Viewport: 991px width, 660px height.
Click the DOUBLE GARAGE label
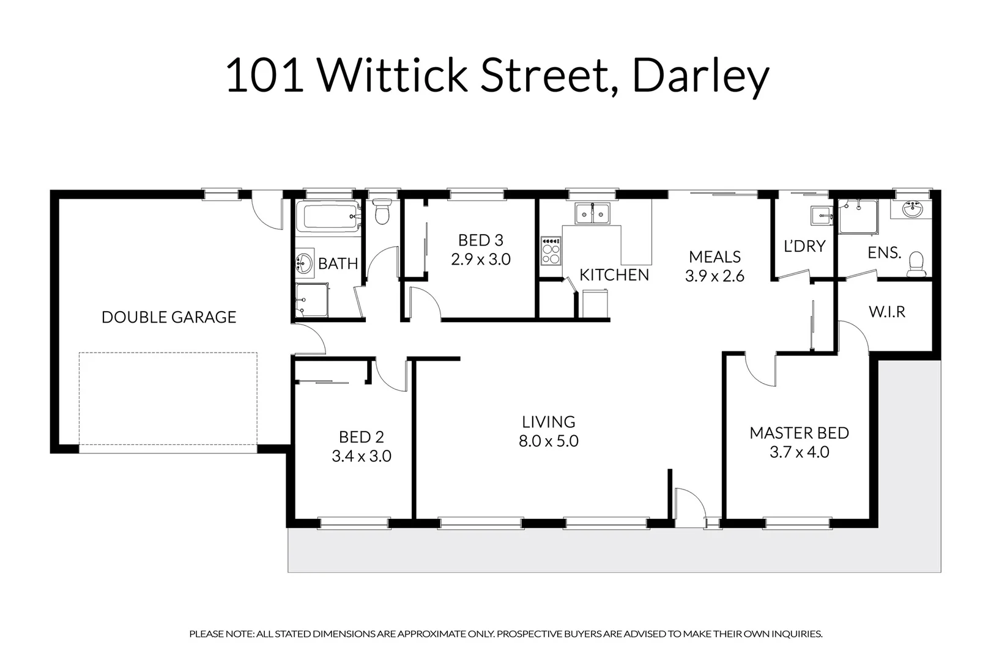click(169, 317)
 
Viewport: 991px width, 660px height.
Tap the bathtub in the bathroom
click(327, 217)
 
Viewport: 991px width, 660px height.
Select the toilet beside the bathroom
click(382, 211)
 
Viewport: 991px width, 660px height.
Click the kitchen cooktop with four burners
click(551, 251)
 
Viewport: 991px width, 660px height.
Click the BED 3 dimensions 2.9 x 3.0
click(481, 260)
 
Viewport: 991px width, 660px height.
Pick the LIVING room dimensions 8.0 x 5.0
click(548, 441)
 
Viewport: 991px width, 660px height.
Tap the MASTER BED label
click(799, 433)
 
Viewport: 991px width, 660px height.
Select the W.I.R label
click(886, 312)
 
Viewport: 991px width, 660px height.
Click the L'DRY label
click(804, 246)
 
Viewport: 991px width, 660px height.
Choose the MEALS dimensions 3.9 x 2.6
click(714, 276)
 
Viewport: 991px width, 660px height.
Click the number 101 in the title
click(264, 77)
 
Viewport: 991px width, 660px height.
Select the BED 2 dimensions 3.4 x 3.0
click(362, 457)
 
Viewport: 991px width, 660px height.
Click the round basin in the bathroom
click(303, 263)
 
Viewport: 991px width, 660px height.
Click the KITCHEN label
click(614, 275)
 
